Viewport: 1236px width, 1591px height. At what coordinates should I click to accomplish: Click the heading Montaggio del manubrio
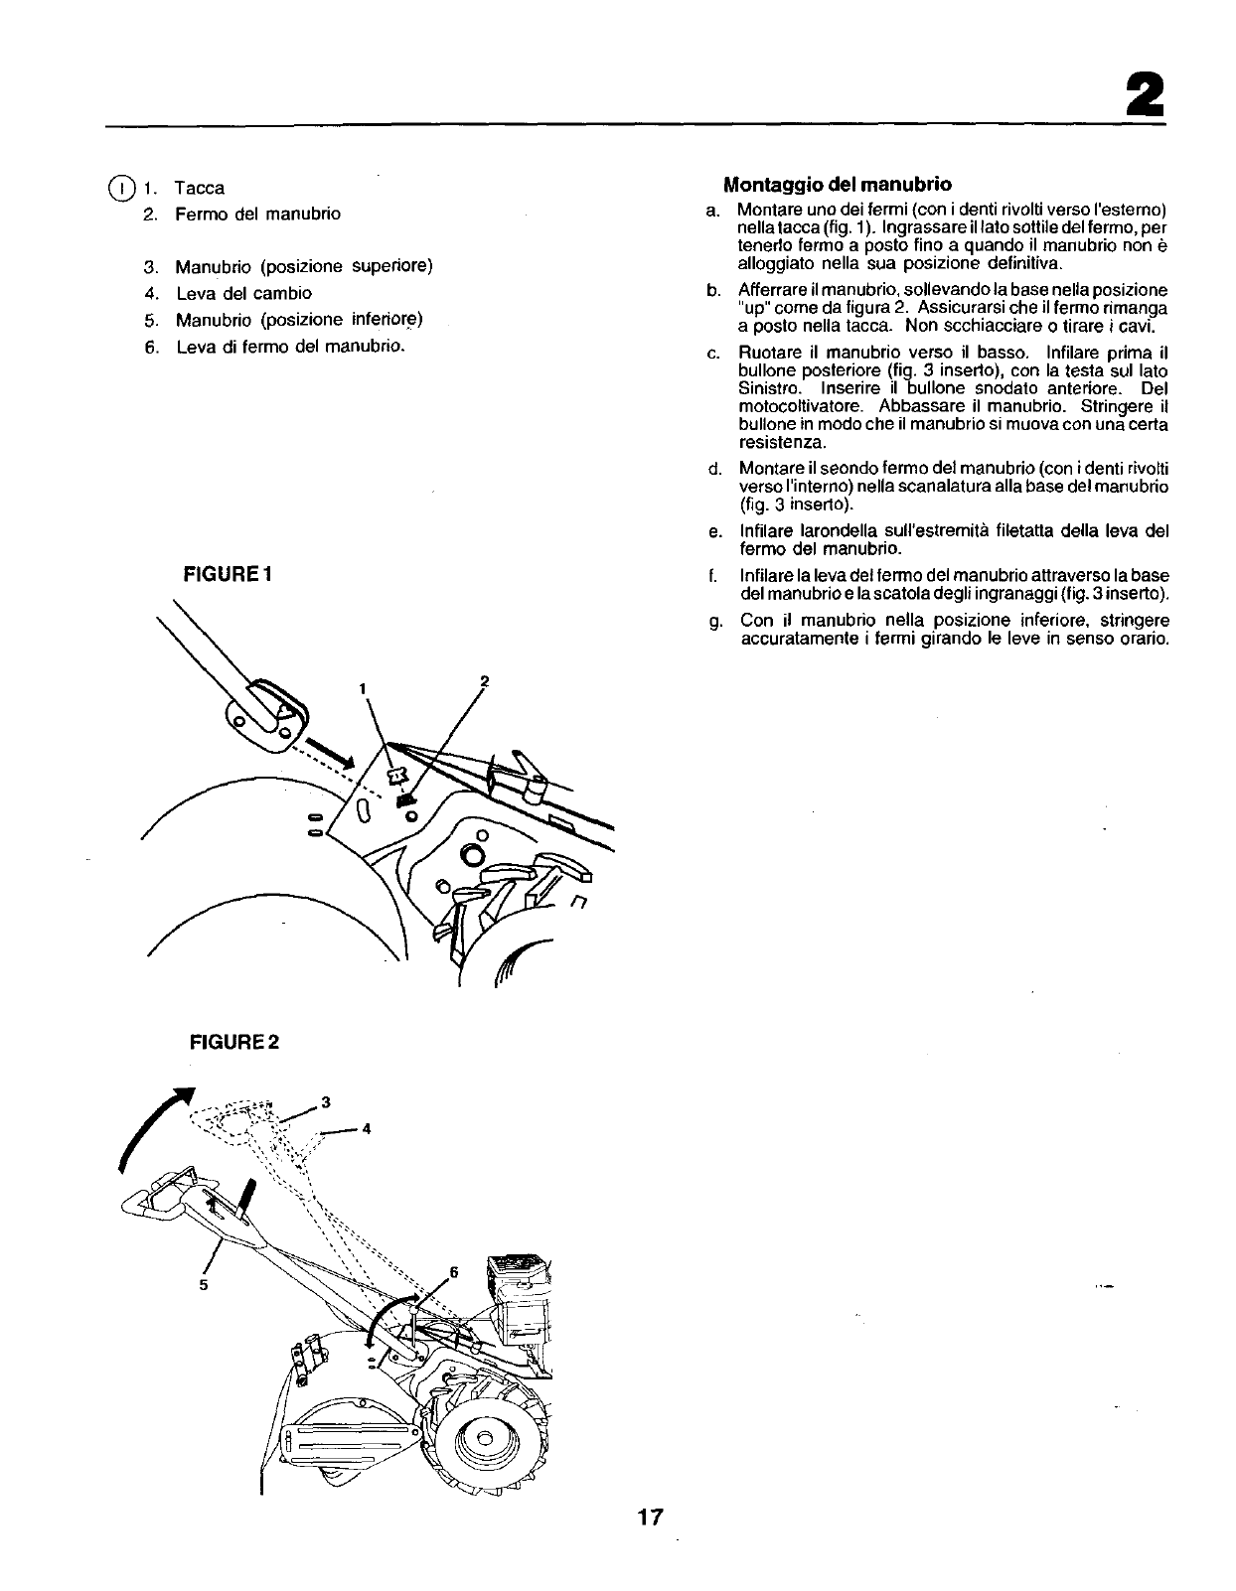click(837, 184)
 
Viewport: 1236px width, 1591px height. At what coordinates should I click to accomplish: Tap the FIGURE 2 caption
click(229, 1042)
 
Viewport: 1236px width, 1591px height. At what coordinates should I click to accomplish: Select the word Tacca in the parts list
click(200, 188)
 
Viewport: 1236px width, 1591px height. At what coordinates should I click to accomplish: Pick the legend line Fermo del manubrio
click(257, 214)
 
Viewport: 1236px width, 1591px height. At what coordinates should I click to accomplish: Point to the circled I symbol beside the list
click(120, 188)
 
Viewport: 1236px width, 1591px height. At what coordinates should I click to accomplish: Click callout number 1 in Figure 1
click(364, 688)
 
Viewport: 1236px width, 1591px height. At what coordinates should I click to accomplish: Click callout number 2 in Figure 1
click(484, 680)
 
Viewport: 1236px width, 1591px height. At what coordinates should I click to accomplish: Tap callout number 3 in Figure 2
click(326, 1102)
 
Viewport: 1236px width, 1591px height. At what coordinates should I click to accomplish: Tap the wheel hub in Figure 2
click(484, 1439)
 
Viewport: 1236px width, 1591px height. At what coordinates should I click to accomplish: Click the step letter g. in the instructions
click(714, 621)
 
